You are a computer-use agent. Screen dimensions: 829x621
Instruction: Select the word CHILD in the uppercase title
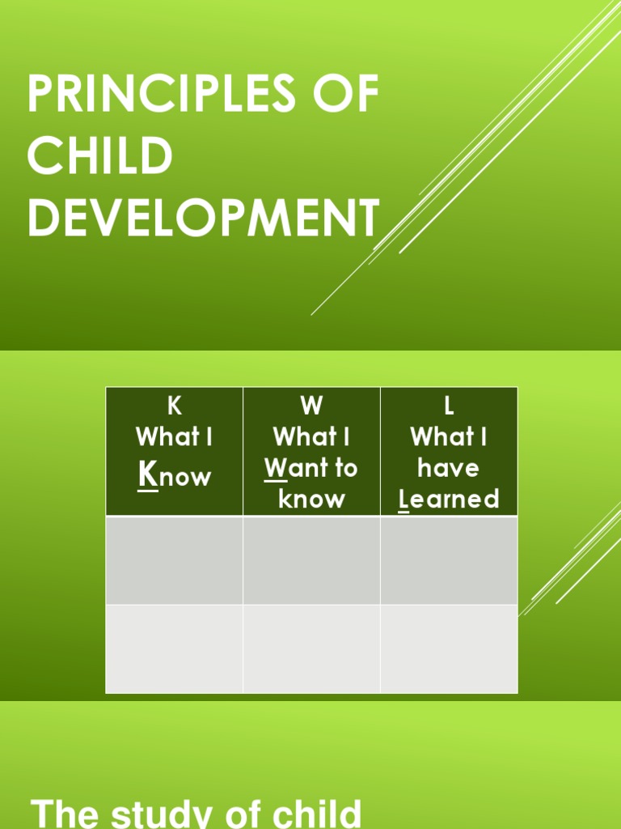[99, 156]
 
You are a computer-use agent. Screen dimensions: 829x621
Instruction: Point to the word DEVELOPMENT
[203, 219]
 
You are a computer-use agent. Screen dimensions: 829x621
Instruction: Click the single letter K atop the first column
[174, 406]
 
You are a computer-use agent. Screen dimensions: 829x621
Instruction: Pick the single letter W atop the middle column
[311, 406]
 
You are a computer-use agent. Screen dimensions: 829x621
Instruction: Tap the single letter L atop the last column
[449, 406]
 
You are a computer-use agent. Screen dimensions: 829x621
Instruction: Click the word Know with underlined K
[174, 475]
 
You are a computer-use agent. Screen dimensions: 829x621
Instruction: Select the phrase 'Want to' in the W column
[311, 468]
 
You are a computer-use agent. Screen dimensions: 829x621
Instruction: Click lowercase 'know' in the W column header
[311, 499]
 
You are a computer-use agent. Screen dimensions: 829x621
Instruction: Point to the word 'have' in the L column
[449, 468]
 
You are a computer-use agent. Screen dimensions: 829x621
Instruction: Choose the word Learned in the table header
[449, 499]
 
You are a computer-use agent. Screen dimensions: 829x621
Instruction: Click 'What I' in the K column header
[174, 437]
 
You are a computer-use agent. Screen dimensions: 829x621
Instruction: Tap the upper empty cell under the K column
[174, 560]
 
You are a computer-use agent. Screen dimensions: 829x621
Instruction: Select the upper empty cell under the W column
[311, 560]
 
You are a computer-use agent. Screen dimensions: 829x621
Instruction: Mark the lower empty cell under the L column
[449, 648]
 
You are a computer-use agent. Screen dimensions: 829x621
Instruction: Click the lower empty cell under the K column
[174, 648]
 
